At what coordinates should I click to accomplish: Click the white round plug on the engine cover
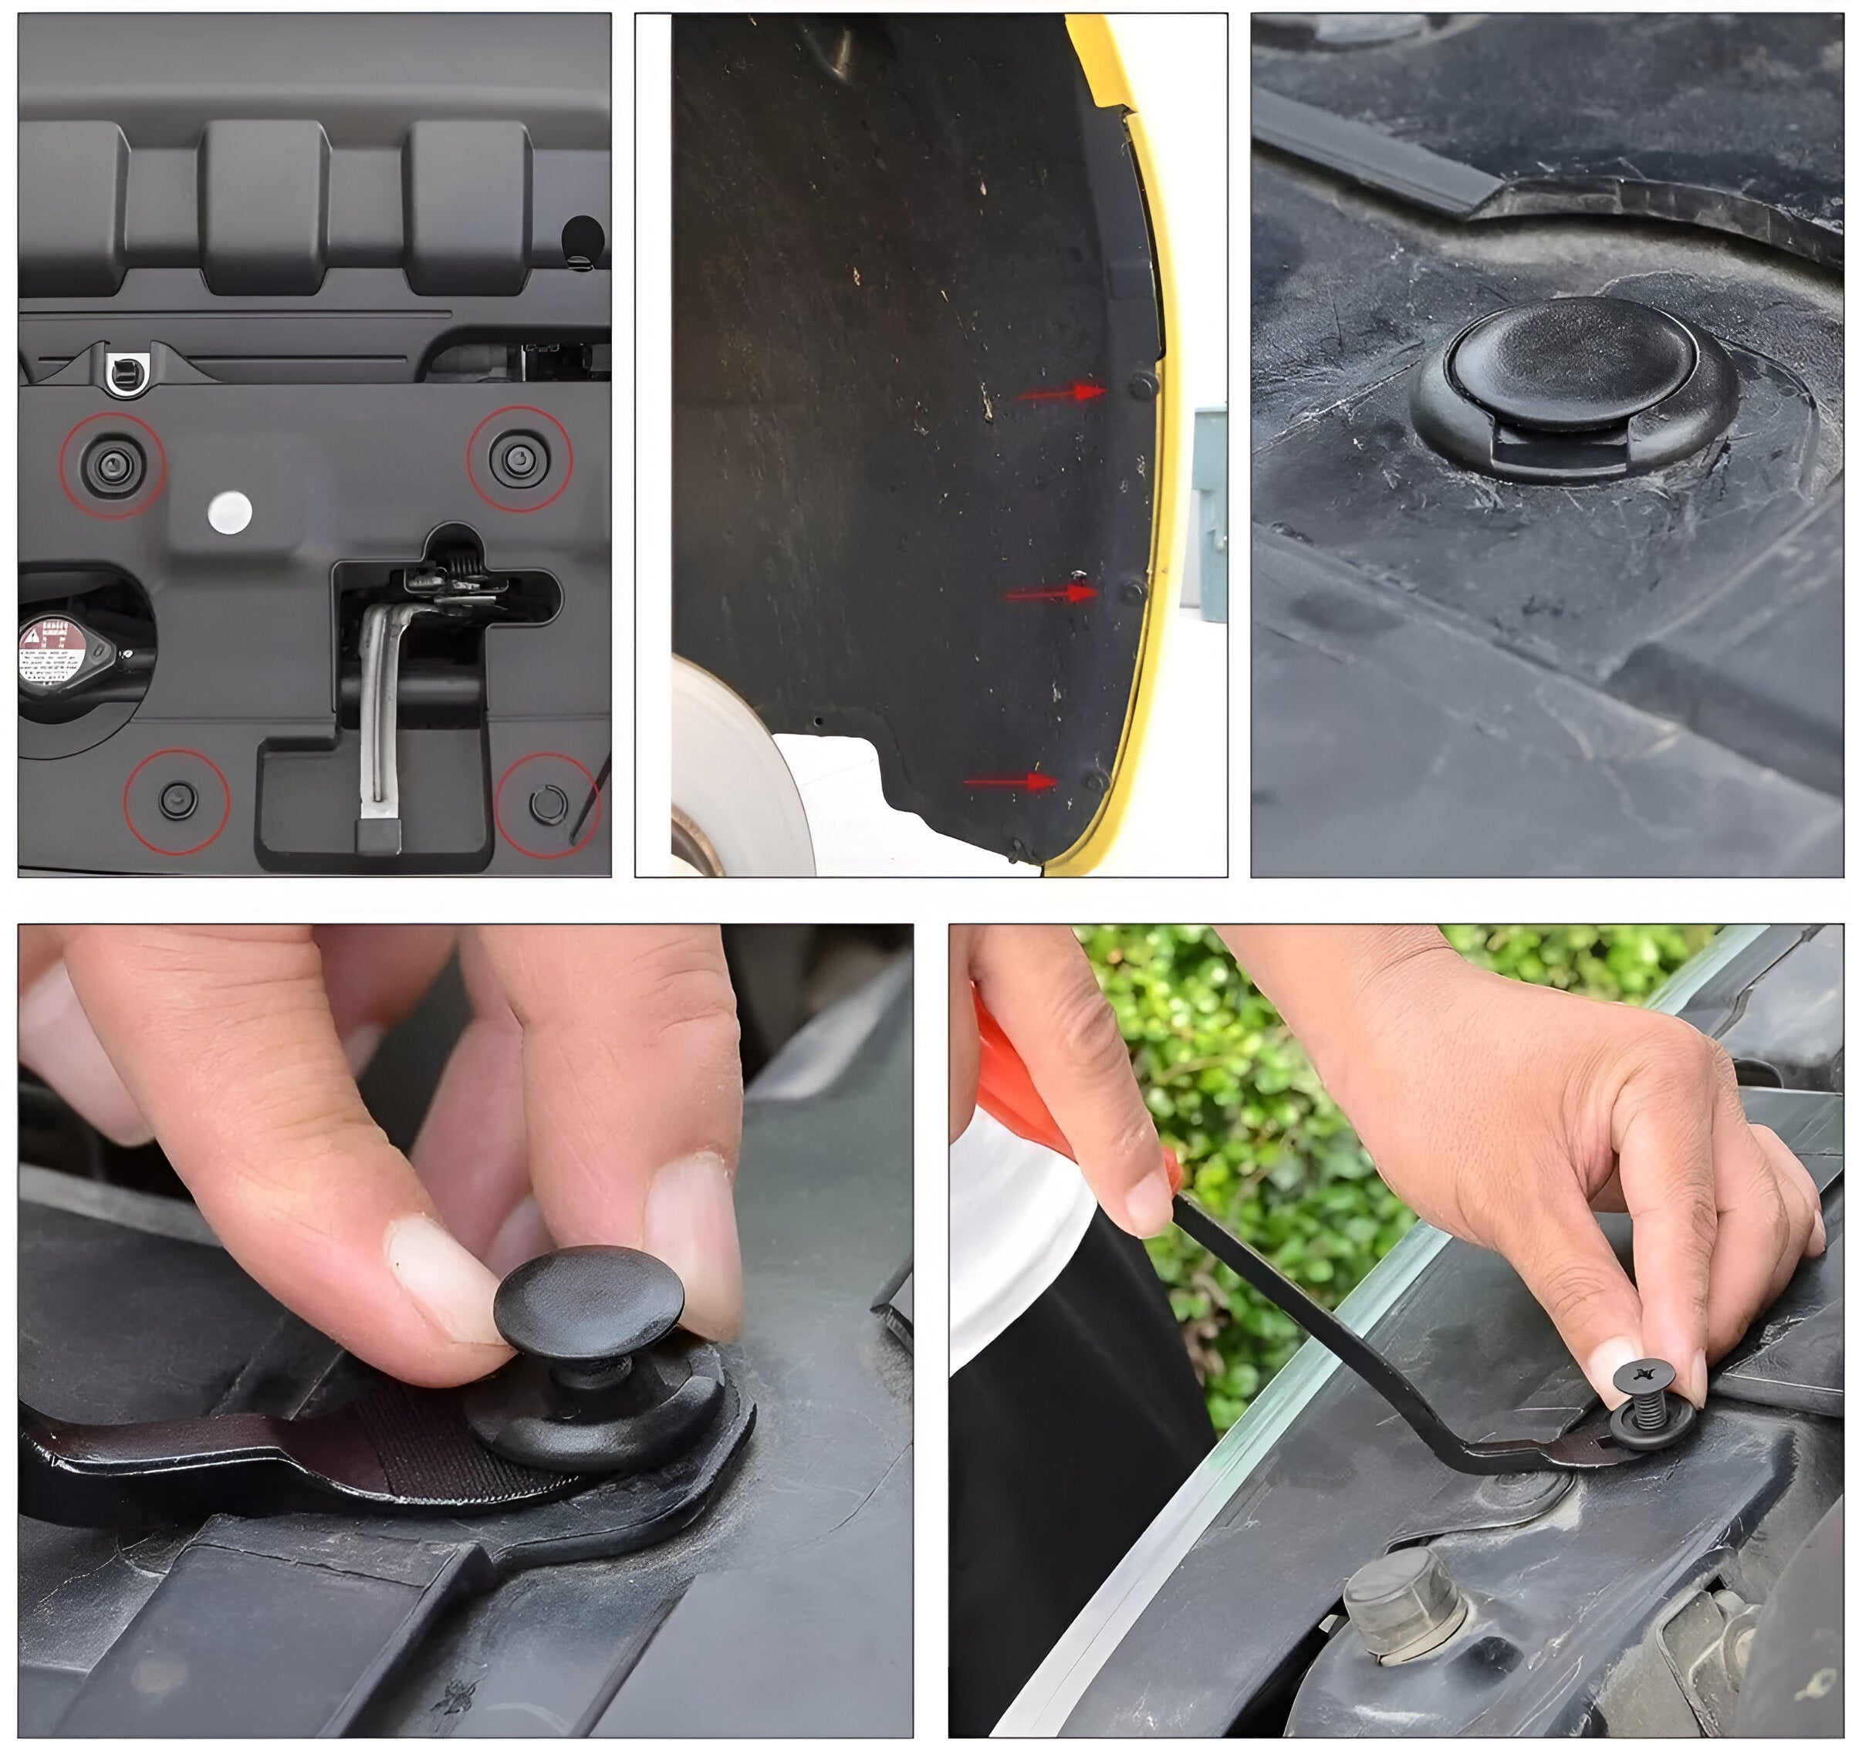pos(229,513)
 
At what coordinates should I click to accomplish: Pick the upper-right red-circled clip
pos(518,459)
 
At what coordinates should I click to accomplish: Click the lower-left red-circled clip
pos(176,800)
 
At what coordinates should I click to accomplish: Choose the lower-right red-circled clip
pos(547,803)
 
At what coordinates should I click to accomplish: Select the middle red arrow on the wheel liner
pos(1050,593)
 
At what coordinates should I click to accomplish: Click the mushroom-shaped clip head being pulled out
pos(589,1302)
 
